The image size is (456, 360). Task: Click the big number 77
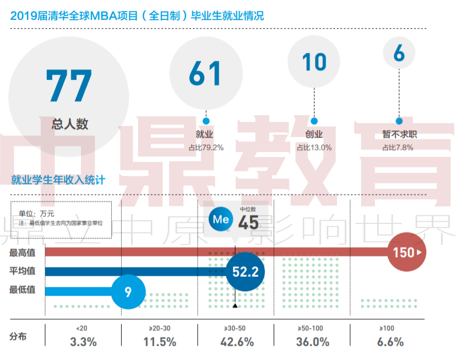69,86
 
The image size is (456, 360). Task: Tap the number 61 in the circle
205,73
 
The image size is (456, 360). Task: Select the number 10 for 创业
314,62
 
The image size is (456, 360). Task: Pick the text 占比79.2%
206,147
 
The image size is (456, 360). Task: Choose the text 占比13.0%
314,147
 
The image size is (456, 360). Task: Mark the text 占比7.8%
398,147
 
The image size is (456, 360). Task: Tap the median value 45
248,222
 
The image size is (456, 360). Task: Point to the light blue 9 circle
128,291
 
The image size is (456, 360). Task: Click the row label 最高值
23,253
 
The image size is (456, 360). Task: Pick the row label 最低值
23,290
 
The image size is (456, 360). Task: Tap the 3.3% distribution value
84,341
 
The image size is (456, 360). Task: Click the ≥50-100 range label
312,328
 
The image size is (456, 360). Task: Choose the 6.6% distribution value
390,341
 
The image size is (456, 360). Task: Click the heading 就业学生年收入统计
58,179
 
